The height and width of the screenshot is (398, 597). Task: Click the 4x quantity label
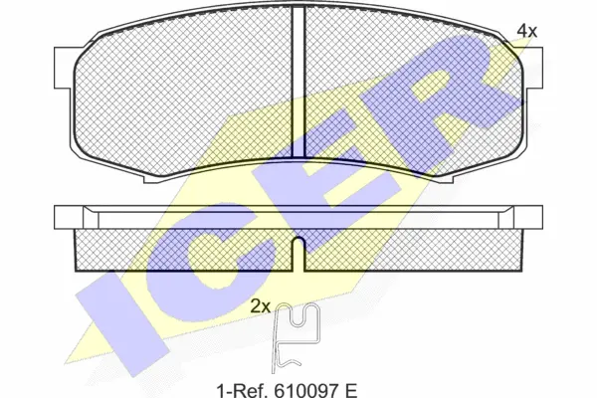pos(526,31)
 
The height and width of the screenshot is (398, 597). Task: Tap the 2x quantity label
pos(261,305)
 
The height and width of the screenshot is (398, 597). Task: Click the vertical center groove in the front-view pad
pos(298,82)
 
